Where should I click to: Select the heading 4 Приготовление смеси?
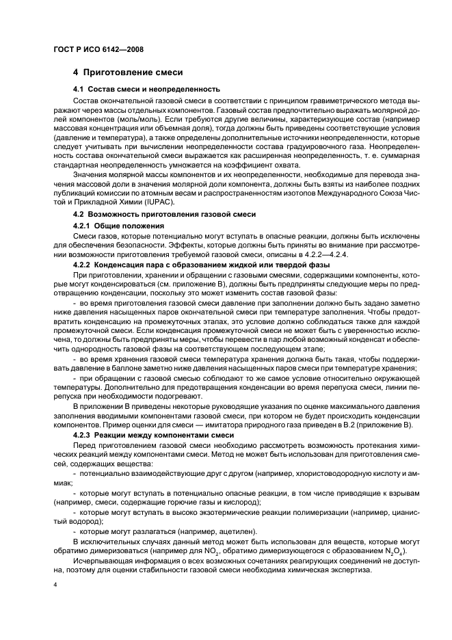[x=127, y=72]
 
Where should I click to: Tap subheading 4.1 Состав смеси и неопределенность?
[x=146, y=89]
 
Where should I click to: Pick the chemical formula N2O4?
[x=393, y=550]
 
